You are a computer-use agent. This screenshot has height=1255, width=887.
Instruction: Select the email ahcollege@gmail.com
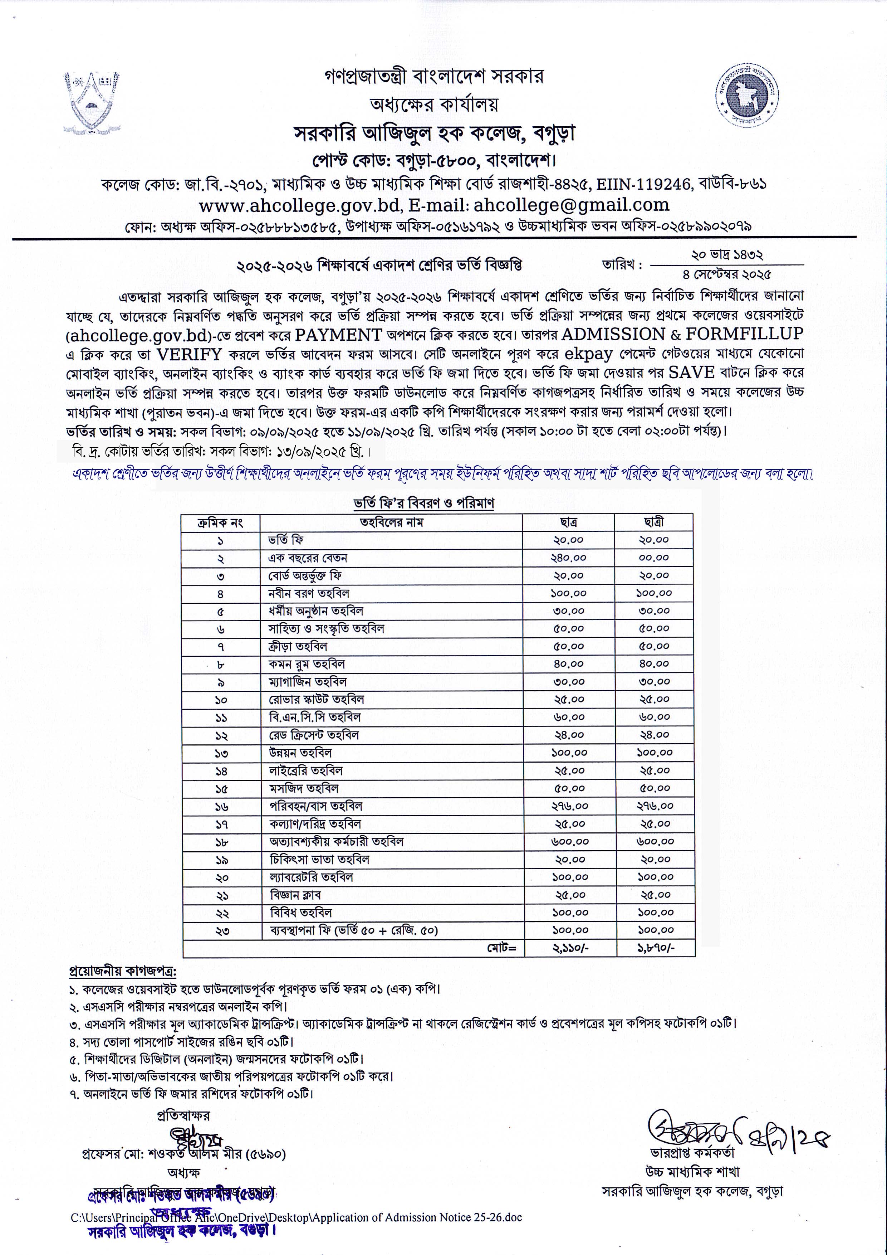tap(571, 205)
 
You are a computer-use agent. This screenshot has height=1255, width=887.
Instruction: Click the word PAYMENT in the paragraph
tap(338, 335)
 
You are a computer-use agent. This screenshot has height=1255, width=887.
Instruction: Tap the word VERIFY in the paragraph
tap(188, 354)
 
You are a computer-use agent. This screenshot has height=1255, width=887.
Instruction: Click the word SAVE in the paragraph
tap(691, 372)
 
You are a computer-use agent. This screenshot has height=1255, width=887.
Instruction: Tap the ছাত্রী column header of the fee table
tap(654, 522)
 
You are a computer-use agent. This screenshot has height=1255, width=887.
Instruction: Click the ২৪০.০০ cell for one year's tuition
tap(568, 558)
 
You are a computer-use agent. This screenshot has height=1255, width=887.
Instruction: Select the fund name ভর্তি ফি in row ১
tap(286, 540)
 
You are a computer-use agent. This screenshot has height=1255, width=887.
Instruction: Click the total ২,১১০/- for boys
tap(570, 948)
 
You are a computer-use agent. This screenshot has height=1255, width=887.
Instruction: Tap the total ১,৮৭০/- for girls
tap(656, 948)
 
